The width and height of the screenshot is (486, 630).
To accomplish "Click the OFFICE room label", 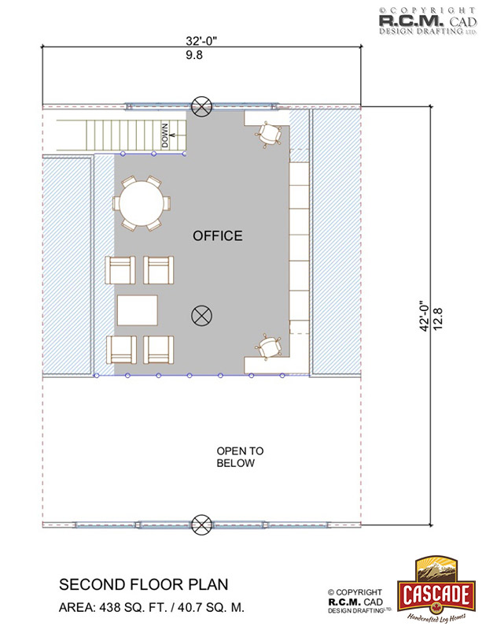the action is coord(218,235).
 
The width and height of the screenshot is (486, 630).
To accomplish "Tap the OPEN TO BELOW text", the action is coord(240,457).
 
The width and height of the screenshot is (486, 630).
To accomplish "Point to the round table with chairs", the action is coord(142,203).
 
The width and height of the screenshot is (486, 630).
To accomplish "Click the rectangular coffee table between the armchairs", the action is coord(138,310).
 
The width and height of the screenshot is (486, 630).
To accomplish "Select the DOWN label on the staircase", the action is coord(165,135).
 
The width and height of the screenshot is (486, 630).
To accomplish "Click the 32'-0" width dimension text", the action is coord(201,41).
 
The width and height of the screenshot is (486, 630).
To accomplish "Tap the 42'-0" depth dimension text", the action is coord(424,316).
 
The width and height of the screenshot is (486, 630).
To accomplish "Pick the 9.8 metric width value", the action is coord(194,55).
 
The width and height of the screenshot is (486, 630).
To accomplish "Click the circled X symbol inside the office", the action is coord(201,316).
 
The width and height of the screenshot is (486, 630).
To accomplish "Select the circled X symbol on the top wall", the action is coord(201,106).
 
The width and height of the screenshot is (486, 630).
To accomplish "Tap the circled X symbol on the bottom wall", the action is coord(201,524).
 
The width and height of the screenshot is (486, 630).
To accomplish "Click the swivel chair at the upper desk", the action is coord(269,134).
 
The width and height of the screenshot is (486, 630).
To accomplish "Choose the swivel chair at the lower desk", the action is coord(269,346).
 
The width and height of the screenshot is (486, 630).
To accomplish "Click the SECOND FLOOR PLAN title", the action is coord(143,584).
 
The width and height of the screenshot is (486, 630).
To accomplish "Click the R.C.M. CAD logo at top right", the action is coord(428,21).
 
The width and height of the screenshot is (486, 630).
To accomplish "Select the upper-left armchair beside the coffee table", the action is coord(120,270).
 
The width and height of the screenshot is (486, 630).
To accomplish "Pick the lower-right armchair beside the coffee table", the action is coord(159,350).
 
